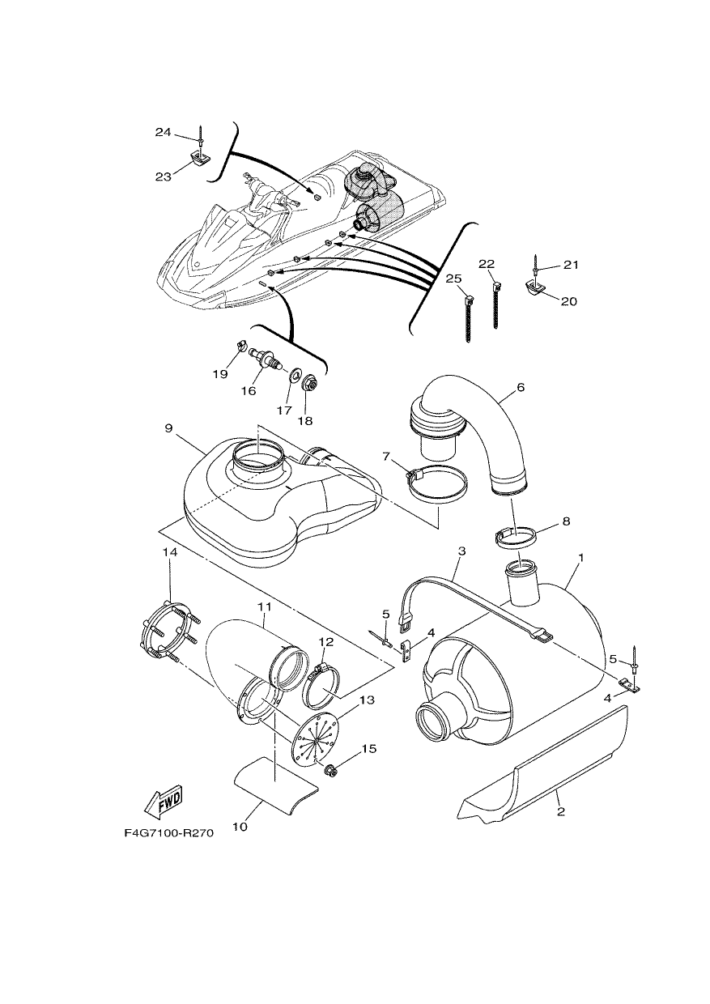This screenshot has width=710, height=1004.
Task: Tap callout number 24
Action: tap(164, 132)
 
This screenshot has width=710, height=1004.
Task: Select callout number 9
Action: tap(168, 428)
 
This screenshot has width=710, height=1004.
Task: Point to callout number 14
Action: tap(171, 553)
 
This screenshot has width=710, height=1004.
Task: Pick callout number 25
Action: tap(453, 279)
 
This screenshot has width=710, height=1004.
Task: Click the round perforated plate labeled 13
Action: tap(317, 735)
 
